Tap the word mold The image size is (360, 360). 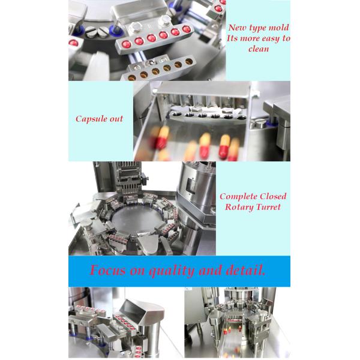coord(278,28)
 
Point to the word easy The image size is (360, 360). coord(269,39)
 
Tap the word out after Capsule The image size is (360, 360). coord(116,119)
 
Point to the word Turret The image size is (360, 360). coord(268,207)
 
